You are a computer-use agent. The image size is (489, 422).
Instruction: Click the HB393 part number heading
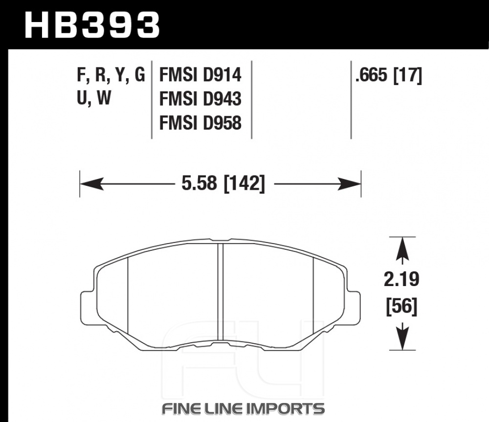(92, 25)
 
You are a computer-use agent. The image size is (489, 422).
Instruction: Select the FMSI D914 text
(200, 75)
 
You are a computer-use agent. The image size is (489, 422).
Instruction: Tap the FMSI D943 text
(200, 99)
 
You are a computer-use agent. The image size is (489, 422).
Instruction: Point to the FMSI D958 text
(200, 123)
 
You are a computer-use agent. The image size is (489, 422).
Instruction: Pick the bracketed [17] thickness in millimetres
(408, 75)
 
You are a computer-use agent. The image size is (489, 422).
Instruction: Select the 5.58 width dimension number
(200, 183)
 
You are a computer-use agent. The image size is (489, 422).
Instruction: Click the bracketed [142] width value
(244, 183)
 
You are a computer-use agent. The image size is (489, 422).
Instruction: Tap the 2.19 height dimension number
(401, 279)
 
